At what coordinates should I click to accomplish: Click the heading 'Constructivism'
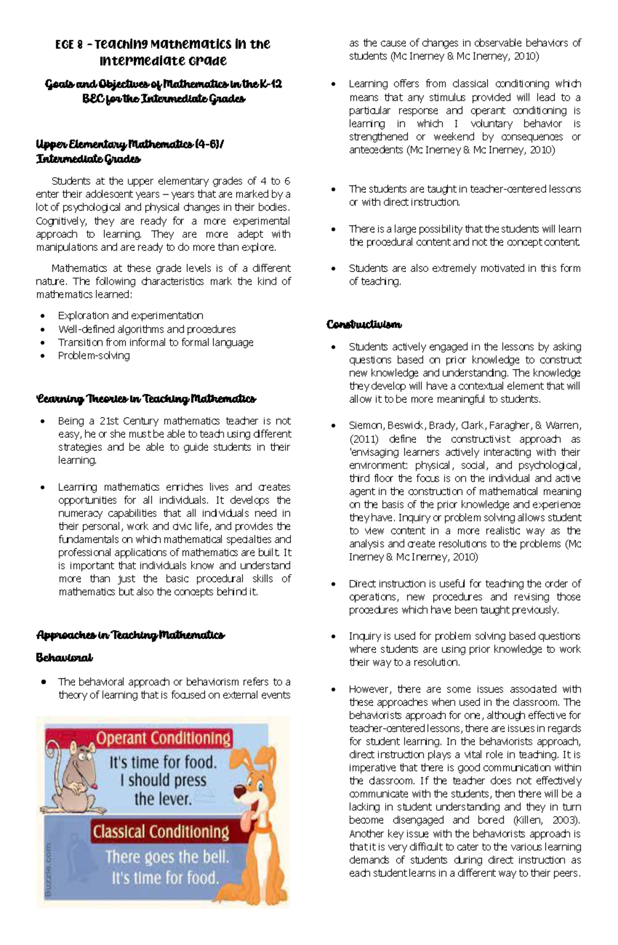(364, 325)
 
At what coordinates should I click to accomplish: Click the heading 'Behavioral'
(64, 658)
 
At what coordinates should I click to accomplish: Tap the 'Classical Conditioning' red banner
(160, 832)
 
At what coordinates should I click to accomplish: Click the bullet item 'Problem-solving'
(94, 355)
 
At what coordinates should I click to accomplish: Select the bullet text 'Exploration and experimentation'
(130, 315)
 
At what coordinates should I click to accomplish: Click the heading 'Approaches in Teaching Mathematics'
(130, 635)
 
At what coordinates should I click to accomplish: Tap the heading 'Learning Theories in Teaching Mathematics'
(146, 399)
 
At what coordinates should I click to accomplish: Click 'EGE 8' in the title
(69, 45)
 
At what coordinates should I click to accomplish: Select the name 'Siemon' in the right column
(366, 426)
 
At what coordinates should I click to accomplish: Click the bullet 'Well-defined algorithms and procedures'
(147, 329)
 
